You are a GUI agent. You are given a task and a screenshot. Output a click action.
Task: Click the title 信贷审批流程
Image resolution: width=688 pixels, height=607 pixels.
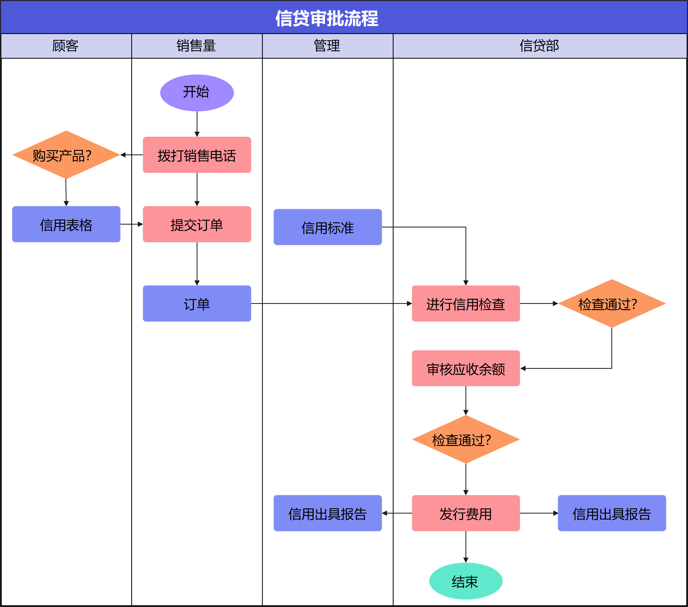(327, 18)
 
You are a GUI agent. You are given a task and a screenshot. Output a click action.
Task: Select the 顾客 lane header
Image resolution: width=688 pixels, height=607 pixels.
(66, 46)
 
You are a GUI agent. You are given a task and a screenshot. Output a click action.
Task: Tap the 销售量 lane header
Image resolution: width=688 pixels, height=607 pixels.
(197, 46)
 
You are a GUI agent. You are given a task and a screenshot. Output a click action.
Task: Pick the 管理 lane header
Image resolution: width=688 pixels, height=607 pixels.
(327, 46)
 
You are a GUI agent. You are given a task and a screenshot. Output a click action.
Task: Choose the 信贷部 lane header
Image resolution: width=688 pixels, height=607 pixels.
(539, 46)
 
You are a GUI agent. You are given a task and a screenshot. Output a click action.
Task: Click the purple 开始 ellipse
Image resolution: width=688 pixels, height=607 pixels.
(197, 93)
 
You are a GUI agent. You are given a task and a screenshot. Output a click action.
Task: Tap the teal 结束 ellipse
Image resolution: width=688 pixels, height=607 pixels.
(465, 581)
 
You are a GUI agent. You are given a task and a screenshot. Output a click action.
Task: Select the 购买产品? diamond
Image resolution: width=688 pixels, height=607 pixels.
(66, 155)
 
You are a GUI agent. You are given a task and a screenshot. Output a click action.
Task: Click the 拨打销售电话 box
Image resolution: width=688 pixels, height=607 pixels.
(197, 155)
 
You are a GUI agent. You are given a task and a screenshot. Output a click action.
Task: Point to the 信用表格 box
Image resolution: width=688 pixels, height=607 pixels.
(66, 224)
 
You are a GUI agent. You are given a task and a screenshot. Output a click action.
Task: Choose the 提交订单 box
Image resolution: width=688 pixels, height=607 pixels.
(197, 224)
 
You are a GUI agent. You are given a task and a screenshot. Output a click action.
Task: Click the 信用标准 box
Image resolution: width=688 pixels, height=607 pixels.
(327, 227)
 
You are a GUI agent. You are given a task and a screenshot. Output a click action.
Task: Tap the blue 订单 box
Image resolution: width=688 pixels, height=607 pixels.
(197, 304)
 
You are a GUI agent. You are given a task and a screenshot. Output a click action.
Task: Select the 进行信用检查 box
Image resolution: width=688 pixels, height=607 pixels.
(465, 304)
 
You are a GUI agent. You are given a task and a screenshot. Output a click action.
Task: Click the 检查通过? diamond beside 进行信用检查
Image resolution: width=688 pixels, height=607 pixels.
(611, 304)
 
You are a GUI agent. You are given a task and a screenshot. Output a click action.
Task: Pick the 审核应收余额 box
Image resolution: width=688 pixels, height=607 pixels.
(465, 368)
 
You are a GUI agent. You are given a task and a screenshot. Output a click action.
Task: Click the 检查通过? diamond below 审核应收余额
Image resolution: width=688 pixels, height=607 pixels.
(465, 439)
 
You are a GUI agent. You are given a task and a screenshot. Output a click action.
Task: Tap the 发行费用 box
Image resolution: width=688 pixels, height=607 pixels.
(465, 513)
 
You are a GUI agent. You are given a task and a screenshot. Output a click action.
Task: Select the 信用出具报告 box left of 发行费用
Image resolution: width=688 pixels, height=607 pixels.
(327, 513)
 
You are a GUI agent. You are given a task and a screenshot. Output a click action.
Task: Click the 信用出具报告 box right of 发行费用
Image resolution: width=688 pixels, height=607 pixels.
(611, 513)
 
